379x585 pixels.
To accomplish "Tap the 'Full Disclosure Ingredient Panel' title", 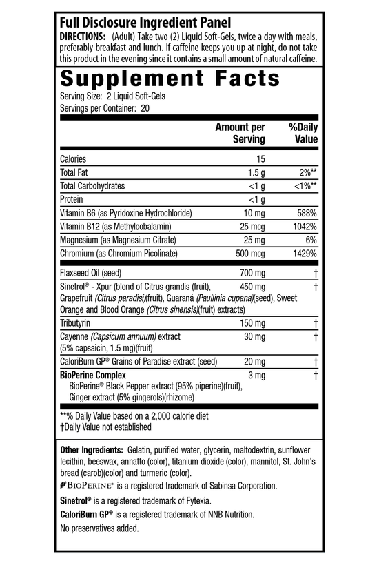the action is [x=146, y=22].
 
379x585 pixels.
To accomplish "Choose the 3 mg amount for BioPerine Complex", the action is [x=256, y=375].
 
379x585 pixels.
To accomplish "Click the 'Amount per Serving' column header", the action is [x=240, y=133].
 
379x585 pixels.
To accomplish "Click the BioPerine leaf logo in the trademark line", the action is [x=64, y=486].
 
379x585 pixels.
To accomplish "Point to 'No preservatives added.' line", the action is [x=100, y=528].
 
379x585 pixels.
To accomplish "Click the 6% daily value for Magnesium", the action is [x=311, y=240].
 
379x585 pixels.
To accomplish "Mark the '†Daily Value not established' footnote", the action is [x=106, y=427].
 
